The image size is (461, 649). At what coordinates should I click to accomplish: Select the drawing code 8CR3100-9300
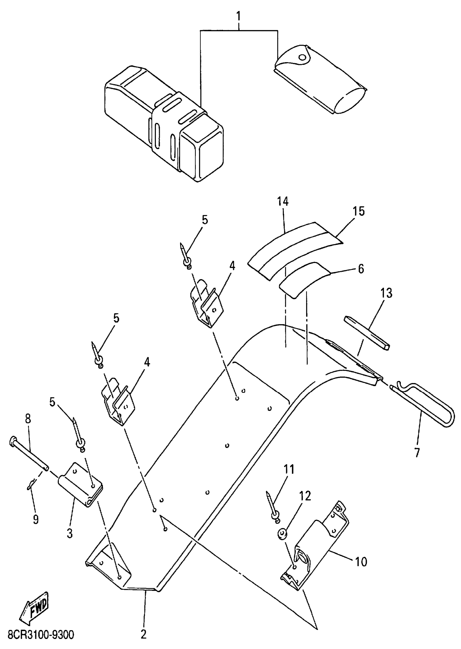click(x=41, y=635)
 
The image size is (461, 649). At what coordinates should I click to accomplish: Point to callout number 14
click(x=283, y=201)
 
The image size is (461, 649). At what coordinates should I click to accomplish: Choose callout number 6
click(x=361, y=269)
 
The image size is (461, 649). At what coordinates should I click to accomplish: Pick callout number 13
click(x=387, y=293)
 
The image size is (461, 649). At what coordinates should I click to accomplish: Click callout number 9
click(x=36, y=520)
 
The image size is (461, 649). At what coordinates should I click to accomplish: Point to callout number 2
click(x=144, y=635)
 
